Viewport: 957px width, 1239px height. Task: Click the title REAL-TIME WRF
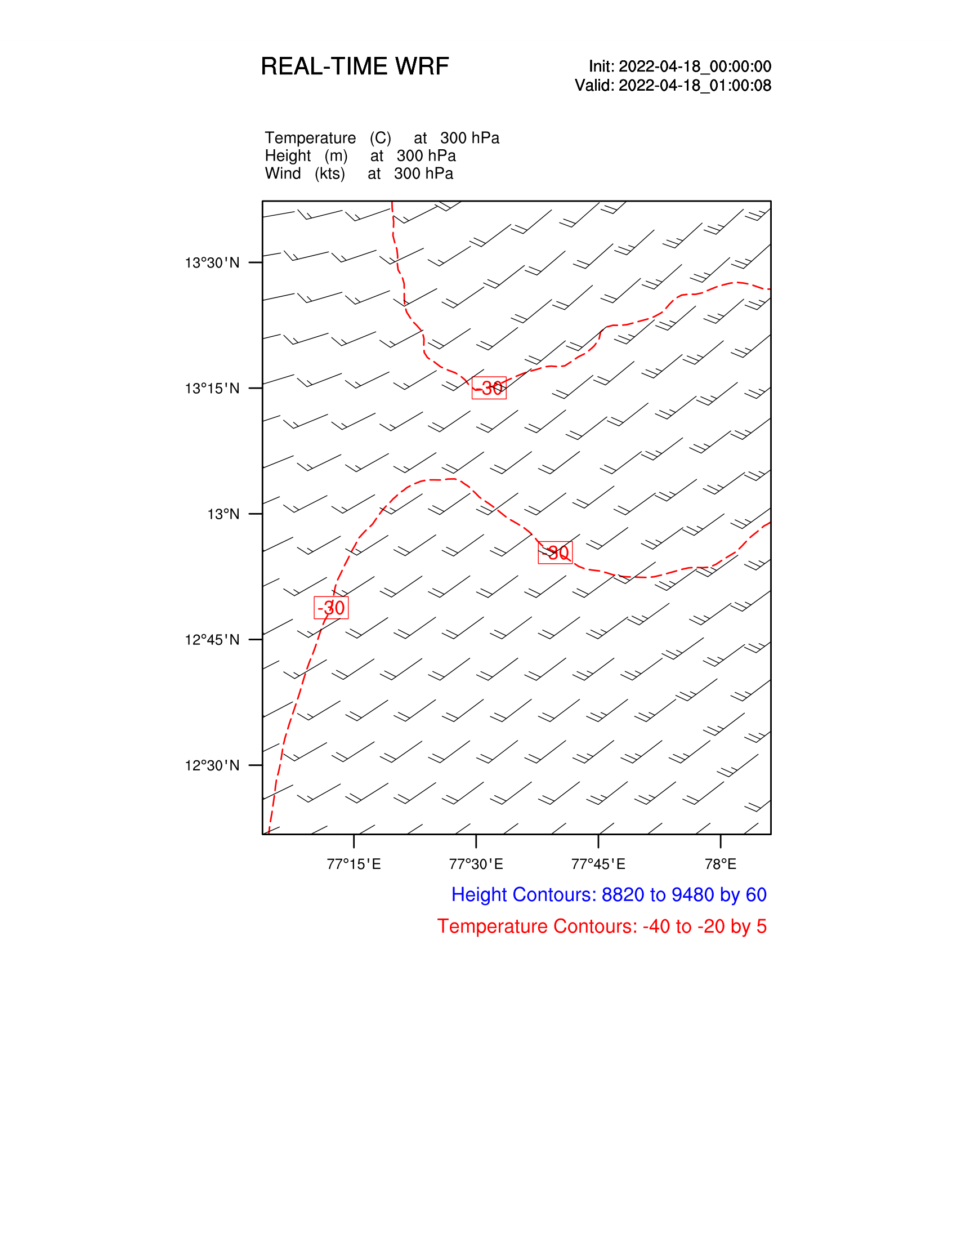(354, 66)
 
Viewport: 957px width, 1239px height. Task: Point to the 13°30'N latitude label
(212, 262)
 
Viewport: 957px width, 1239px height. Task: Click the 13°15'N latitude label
(212, 389)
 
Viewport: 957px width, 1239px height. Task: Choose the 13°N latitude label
(223, 514)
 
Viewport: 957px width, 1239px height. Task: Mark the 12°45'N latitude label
(212, 640)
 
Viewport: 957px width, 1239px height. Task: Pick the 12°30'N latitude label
(212, 765)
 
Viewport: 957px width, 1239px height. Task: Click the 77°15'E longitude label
(354, 864)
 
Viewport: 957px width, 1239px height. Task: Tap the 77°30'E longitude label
(476, 864)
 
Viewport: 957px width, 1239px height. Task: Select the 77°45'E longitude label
(598, 864)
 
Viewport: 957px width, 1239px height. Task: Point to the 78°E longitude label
(720, 864)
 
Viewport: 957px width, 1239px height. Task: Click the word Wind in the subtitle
(283, 173)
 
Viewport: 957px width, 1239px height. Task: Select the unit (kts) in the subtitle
(330, 173)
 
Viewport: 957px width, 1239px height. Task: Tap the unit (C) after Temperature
(381, 138)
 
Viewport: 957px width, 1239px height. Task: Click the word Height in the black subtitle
(288, 155)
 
